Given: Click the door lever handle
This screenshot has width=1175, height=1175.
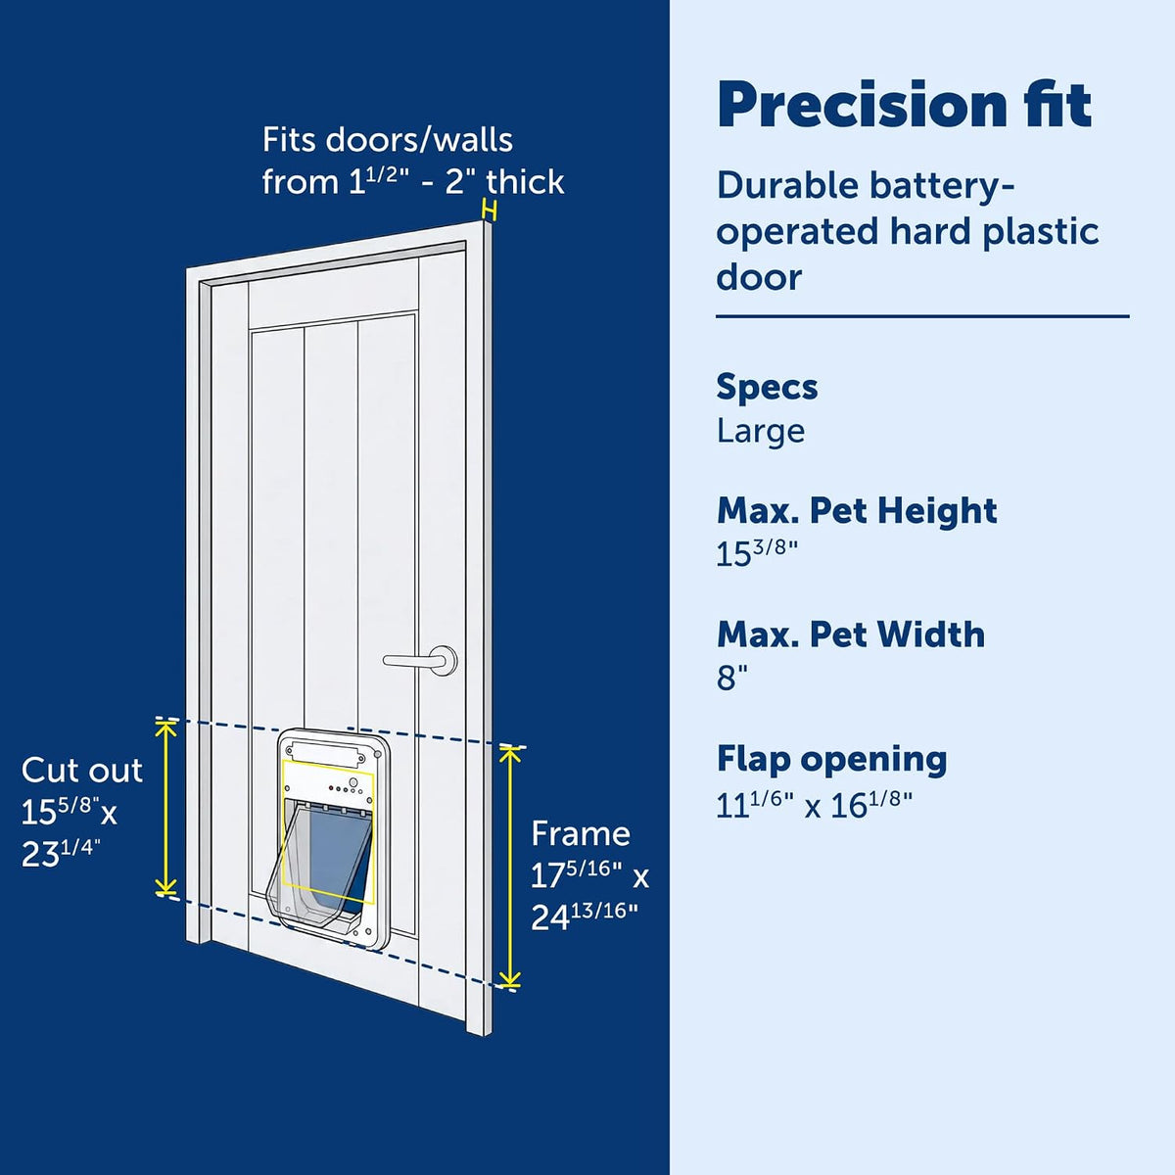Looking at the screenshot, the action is [x=421, y=660].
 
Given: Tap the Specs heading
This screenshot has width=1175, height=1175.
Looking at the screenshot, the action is [x=767, y=387].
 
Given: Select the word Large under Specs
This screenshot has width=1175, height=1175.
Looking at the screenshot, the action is [x=761, y=432].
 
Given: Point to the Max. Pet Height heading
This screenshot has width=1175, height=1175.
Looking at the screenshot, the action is [x=857, y=511].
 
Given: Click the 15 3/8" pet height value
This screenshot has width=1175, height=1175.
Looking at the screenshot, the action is [x=757, y=552].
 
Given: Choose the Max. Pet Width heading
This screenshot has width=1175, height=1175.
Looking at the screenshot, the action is [x=851, y=634].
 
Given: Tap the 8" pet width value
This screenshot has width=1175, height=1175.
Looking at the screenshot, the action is [x=731, y=677].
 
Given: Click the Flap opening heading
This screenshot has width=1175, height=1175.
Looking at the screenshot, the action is [x=831, y=760].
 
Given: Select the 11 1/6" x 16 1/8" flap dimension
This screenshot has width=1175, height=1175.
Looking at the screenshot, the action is [x=814, y=805].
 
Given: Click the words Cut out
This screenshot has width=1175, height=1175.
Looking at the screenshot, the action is [x=81, y=771].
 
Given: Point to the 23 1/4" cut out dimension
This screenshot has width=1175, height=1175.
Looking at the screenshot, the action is [x=61, y=854].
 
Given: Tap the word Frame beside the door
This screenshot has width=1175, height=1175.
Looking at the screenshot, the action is [x=581, y=833].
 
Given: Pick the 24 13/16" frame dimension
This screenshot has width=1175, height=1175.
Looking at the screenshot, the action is [x=585, y=916].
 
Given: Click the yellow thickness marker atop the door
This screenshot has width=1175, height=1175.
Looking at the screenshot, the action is [x=489, y=211].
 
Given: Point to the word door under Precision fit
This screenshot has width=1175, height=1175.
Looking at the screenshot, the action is [x=759, y=278].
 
